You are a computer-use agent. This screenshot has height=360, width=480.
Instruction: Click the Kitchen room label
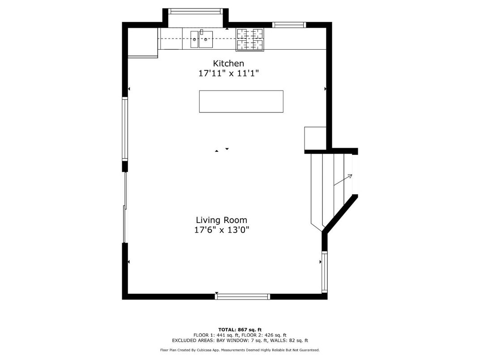(228, 63)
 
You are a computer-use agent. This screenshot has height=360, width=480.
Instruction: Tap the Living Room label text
(221, 220)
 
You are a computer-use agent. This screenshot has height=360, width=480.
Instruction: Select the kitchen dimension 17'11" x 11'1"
(228, 73)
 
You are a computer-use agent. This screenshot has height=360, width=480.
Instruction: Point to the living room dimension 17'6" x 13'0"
(221, 230)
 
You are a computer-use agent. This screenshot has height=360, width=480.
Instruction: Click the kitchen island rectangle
(241, 102)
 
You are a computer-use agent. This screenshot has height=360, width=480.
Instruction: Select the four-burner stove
(250, 39)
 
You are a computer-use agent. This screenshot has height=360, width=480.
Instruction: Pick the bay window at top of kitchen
(195, 11)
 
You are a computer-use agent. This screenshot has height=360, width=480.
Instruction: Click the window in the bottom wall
(242, 296)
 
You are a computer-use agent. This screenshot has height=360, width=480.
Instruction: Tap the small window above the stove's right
(289, 25)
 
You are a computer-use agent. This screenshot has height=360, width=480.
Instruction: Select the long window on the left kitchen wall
(125, 129)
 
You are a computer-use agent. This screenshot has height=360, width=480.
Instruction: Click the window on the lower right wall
(324, 272)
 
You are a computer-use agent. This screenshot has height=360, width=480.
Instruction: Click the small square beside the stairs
(315, 138)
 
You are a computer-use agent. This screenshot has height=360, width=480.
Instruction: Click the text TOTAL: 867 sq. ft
(240, 330)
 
